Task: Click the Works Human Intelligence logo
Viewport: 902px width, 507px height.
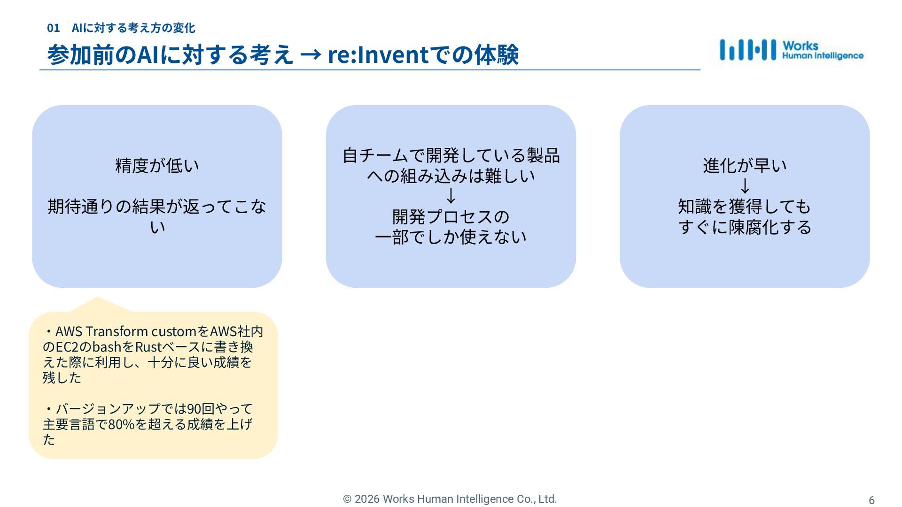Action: coord(791,50)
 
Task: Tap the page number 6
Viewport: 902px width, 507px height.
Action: coord(871,500)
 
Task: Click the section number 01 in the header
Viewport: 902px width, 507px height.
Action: coord(53,28)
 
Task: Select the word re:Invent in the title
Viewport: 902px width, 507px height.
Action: coord(378,54)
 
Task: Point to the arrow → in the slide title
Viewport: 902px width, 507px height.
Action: coord(310,55)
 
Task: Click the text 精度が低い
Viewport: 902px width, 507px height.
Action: coord(157,165)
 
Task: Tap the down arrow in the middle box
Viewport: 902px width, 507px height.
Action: coord(451,195)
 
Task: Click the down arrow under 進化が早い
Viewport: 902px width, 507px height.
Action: coord(745,186)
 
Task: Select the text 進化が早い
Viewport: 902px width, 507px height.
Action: coord(745,165)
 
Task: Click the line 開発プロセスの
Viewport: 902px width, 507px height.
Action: coord(451,216)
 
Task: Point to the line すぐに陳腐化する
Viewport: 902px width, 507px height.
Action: coord(745,227)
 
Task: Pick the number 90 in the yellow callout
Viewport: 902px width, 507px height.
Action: coord(194,409)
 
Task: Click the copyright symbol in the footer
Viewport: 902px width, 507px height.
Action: coord(347,499)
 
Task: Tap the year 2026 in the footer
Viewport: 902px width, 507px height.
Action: coord(367,499)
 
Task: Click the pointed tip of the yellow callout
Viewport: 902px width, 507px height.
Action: coord(97,298)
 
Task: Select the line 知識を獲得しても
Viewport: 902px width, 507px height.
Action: coord(745,207)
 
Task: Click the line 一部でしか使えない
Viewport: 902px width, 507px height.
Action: coord(451,237)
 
